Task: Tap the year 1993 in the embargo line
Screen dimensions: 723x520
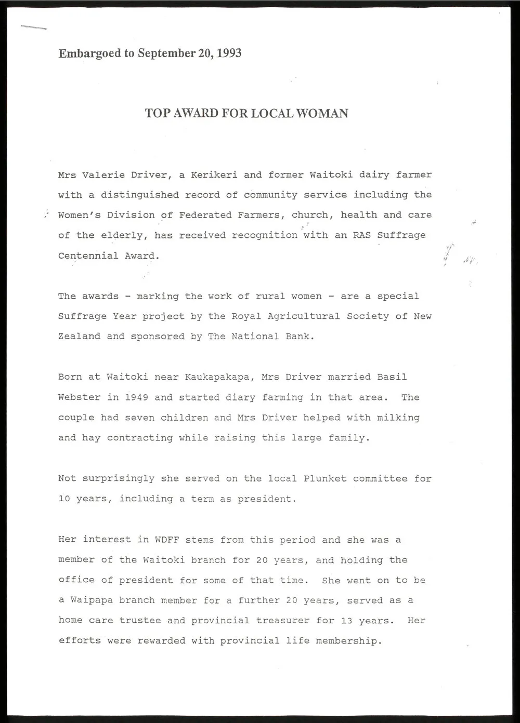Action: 229,53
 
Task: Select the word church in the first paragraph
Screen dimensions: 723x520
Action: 310,215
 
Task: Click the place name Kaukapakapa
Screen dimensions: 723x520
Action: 217,377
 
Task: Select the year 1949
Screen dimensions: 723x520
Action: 136,397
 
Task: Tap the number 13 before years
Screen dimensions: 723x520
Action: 347,621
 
